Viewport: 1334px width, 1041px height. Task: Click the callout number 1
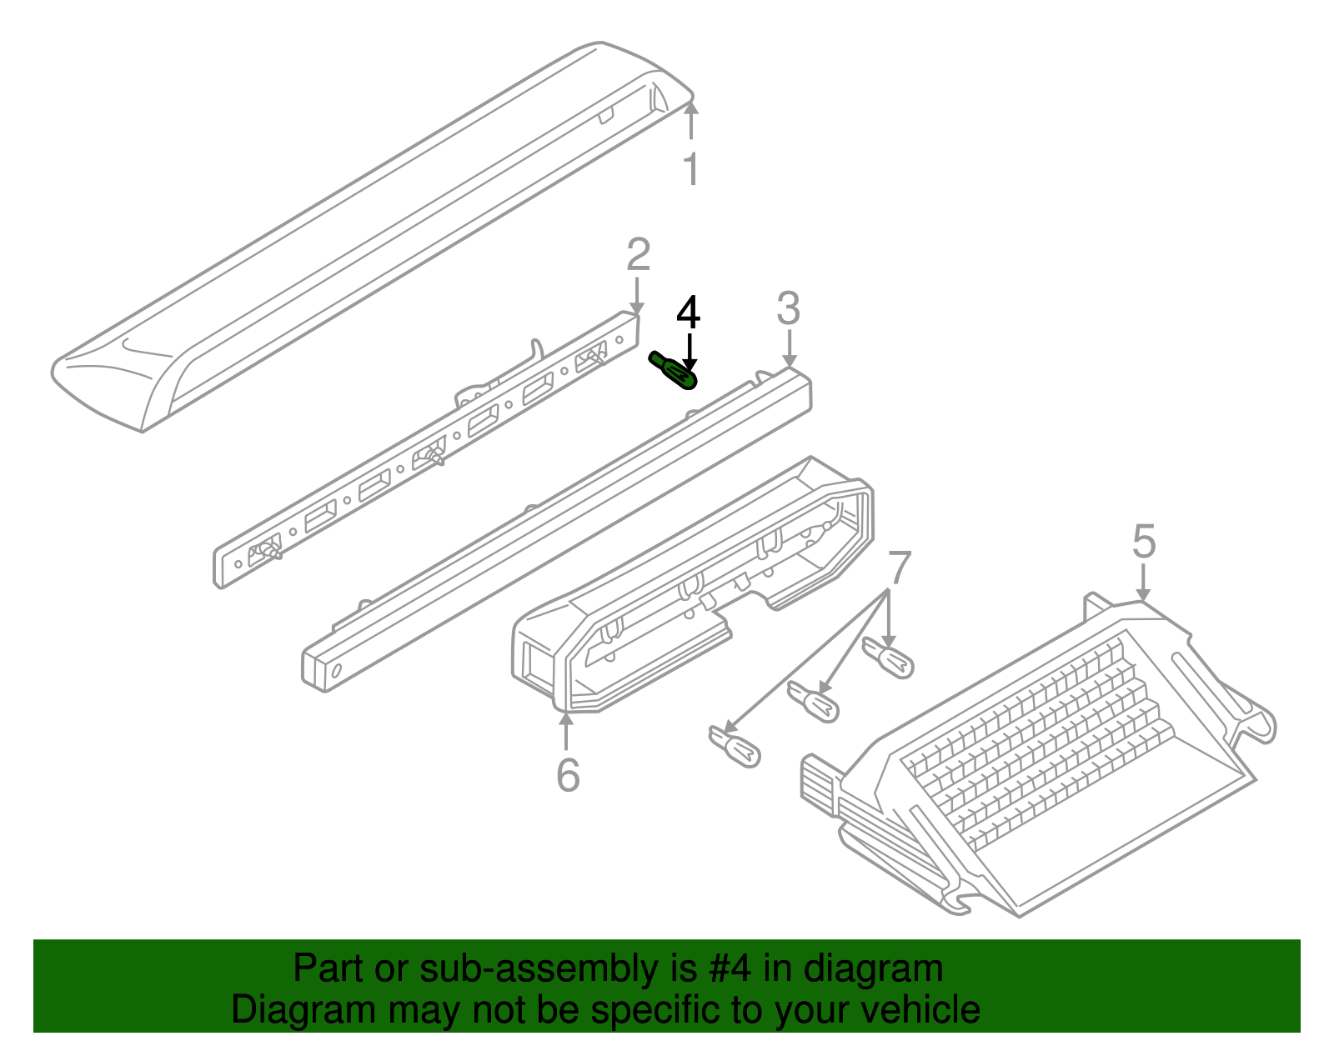coord(692,168)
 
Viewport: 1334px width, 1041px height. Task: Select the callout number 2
coord(638,254)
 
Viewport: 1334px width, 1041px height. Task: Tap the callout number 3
coord(789,308)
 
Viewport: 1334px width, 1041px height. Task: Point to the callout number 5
coord(1144,541)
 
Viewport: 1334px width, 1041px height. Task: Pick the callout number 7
coord(900,568)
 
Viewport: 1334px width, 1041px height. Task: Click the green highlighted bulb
coord(673,371)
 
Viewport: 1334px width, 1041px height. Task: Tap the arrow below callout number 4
coord(690,352)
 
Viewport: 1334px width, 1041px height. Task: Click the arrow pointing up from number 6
coord(566,732)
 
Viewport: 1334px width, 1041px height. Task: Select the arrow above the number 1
coord(692,120)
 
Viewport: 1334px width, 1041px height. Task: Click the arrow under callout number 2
coord(637,296)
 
